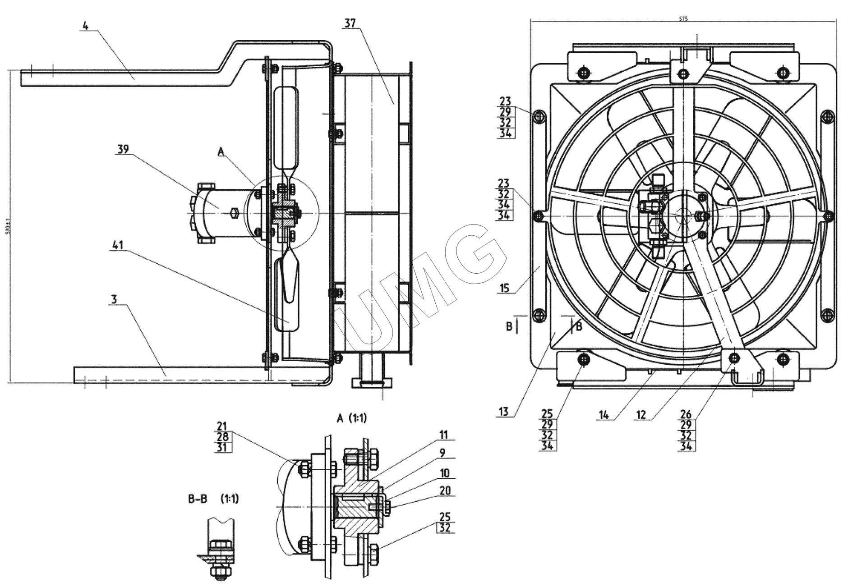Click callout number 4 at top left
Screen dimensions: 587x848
tap(86, 25)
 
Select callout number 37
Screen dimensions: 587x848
tap(350, 23)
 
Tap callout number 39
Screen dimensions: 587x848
tap(123, 149)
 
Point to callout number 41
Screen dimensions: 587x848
tap(118, 246)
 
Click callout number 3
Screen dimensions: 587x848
tap(114, 299)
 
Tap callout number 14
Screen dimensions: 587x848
tap(604, 415)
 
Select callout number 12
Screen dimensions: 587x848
tap(641, 415)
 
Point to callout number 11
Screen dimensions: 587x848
tap(444, 435)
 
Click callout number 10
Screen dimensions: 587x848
tap(445, 472)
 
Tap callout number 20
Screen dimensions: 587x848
tap(445, 491)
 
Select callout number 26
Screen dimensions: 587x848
tap(686, 414)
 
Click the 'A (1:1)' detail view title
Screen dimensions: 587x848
tap(352, 418)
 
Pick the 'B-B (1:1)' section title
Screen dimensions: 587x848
tap(213, 499)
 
